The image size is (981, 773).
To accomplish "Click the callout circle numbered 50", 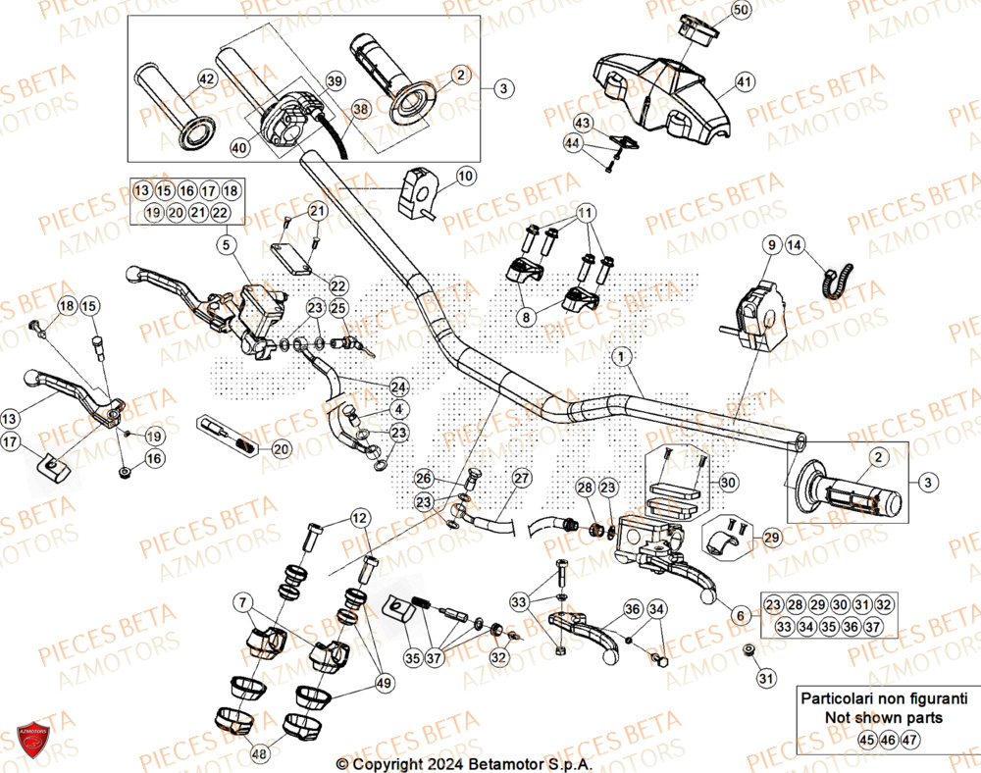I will coord(741,11).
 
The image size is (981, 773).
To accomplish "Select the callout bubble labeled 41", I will coord(744,82).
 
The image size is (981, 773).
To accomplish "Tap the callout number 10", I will coord(465,177).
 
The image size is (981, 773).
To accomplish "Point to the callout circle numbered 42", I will coord(207,78).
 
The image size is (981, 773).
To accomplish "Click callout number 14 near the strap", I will coord(794,245).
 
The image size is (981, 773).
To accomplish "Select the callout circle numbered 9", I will coord(771,244).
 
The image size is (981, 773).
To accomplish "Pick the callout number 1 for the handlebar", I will coord(620,359).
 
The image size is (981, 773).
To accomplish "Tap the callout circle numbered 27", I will coord(521,479).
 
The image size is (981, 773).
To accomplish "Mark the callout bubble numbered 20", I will coord(282,449).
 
